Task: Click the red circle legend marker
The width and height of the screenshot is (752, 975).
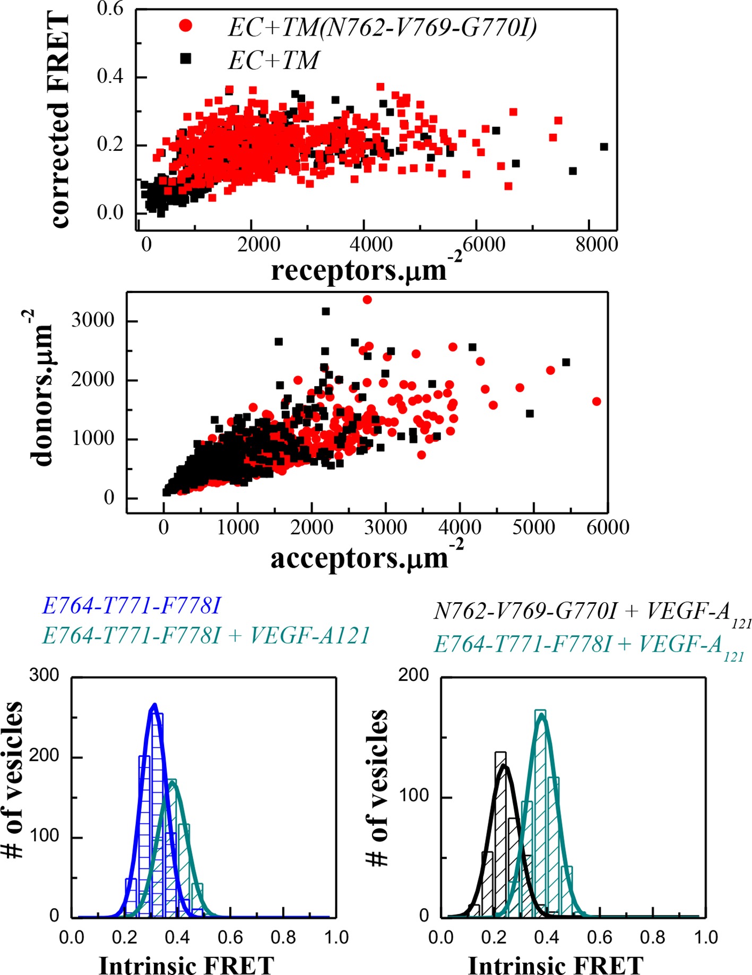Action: pyautogui.click(x=186, y=25)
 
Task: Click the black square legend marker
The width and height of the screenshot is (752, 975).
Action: pyautogui.click(x=186, y=58)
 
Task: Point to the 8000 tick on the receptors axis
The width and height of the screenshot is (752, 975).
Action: pyautogui.click(x=598, y=245)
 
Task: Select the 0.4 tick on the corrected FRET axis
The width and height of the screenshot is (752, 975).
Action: pyautogui.click(x=110, y=77)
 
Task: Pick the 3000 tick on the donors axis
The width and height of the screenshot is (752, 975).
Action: pyautogui.click(x=93, y=321)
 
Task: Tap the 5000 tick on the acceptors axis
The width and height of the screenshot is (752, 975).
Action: pyautogui.click(x=533, y=528)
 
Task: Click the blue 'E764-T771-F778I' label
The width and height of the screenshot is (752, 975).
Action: pyautogui.click(x=131, y=606)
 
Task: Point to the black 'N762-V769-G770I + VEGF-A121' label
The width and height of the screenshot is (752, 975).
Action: pyautogui.click(x=592, y=613)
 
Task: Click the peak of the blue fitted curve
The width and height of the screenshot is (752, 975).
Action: pyautogui.click(x=154, y=705)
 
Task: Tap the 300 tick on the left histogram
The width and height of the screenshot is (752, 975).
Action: pyautogui.click(x=44, y=675)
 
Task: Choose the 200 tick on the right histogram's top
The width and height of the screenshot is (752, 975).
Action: pyautogui.click(x=413, y=675)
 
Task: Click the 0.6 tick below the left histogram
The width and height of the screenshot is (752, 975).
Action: pyautogui.click(x=230, y=938)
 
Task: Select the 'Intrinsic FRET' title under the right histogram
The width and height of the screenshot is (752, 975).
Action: pyautogui.click(x=556, y=964)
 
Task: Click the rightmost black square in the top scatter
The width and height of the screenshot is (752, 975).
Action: pyautogui.click(x=604, y=147)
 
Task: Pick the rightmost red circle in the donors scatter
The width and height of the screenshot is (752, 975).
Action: pyautogui.click(x=597, y=401)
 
